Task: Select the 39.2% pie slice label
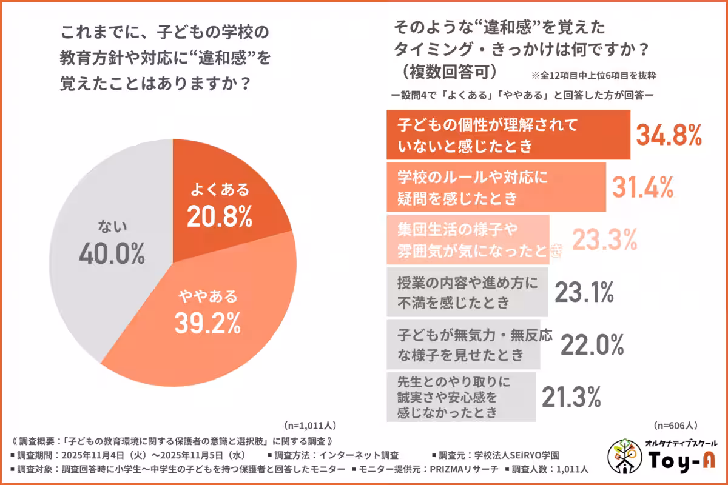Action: point(207,324)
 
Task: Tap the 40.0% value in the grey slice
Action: point(112,254)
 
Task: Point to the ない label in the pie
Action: point(112,227)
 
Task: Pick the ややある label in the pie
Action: point(207,296)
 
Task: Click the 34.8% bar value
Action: point(669,135)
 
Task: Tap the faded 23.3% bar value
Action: point(604,241)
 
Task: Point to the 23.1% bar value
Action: point(584,293)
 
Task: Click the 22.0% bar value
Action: point(591,346)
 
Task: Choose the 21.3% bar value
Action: point(571,398)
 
